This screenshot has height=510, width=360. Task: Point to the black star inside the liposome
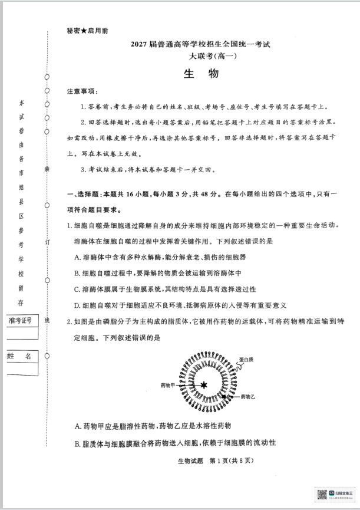[204, 385]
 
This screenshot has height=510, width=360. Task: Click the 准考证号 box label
[20, 320]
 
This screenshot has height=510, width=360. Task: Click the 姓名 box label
[20, 356]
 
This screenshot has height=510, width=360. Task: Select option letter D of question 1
[78, 305]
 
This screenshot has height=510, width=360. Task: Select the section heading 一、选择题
[88, 194]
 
